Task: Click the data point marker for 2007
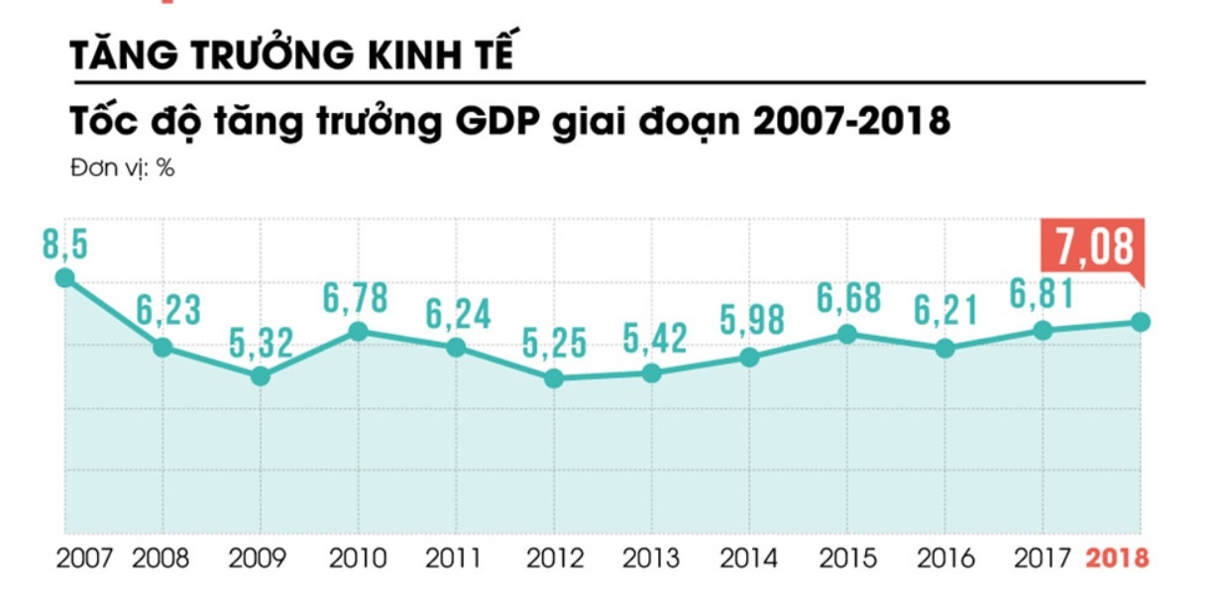click(64, 278)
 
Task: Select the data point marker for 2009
click(260, 376)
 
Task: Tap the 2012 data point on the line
click(554, 377)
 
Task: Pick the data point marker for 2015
click(846, 334)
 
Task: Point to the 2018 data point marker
click(1141, 322)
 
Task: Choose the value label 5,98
click(750, 321)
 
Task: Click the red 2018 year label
click(1117, 559)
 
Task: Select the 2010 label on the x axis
click(357, 559)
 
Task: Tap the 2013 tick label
click(651, 559)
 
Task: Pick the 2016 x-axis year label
click(945, 559)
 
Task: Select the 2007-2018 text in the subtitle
click(849, 122)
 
